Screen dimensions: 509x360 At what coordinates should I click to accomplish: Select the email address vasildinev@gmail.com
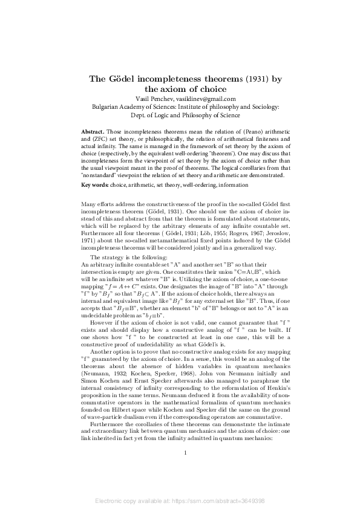click(x=205, y=99)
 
